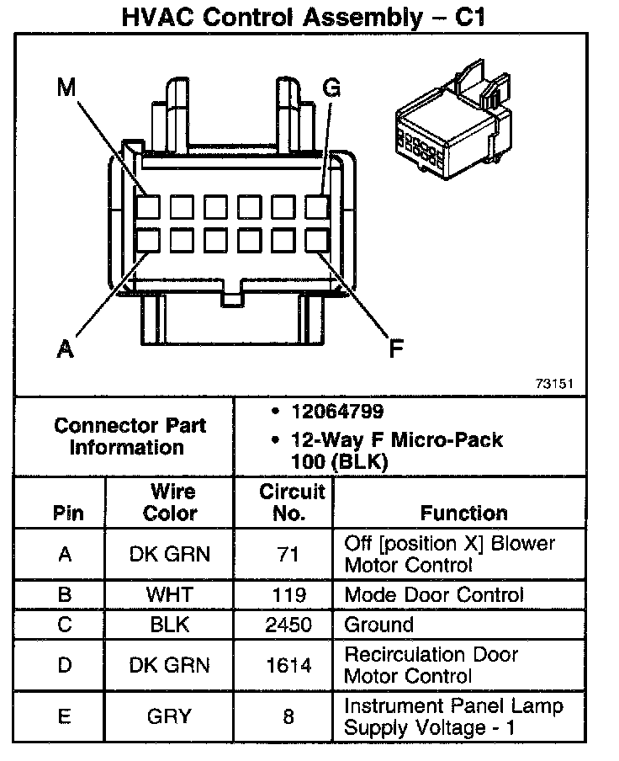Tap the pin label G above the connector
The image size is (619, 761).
[331, 88]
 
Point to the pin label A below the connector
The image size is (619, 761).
[65, 348]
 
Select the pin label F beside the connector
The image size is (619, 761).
[395, 348]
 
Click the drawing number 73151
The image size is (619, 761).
[554, 383]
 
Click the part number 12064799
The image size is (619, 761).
[337, 412]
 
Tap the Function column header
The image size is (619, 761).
[463, 513]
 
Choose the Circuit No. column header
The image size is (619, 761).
[291, 503]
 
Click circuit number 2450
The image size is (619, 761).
[289, 625]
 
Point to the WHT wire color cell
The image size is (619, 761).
[169, 594]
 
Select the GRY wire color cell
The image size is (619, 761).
[169, 716]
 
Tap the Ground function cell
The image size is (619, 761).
[378, 625]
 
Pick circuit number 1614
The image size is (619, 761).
[289, 665]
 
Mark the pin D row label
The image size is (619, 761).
[65, 665]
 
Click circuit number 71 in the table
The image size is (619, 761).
[289, 554]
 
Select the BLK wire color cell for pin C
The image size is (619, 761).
[169, 625]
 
